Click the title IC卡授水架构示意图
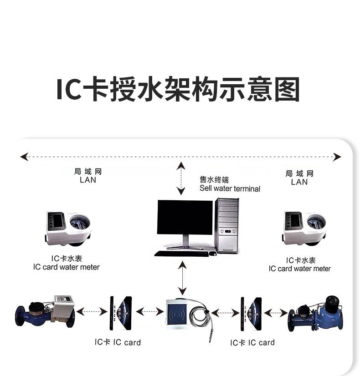click(178, 90)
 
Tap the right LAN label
click(299, 178)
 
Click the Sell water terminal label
click(230, 184)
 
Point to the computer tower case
click(226, 225)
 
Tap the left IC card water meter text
click(66, 263)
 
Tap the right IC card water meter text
click(300, 264)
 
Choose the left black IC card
click(121, 314)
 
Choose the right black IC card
click(251, 314)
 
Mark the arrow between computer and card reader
click(182, 278)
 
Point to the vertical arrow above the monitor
click(181, 178)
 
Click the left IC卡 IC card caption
click(118, 342)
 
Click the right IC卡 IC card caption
click(252, 343)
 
